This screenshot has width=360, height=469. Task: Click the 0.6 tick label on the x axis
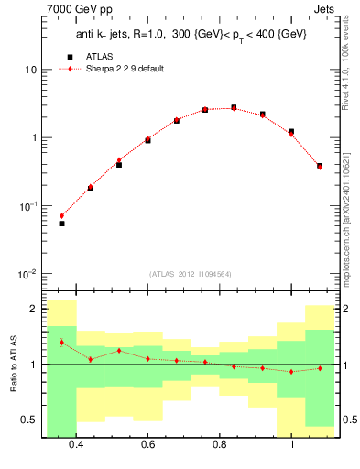[x=147, y=445]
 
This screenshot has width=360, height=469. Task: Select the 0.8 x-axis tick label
[x=220, y=445]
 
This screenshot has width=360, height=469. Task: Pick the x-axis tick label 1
[x=292, y=445]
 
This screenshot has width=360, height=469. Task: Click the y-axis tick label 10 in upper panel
[x=29, y=71]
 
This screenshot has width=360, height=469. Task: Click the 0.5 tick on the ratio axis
[x=28, y=420]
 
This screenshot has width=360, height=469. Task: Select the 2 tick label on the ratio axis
[x=33, y=310]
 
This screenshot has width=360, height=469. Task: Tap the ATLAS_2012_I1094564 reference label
[x=190, y=273]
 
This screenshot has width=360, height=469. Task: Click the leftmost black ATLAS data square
[x=61, y=224]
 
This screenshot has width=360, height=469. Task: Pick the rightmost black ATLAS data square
[x=320, y=166]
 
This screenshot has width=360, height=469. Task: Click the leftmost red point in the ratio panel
[x=61, y=343]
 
